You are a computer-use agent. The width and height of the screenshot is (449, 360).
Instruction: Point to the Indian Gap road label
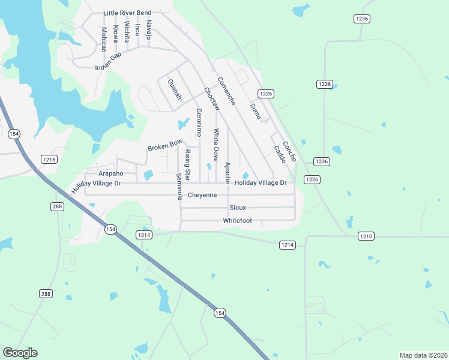tap(117, 59)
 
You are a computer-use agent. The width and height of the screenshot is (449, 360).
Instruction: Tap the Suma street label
tap(255, 110)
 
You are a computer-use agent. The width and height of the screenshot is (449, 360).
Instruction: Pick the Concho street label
tap(289, 150)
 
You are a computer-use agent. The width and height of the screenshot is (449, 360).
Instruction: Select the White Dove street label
tap(215, 145)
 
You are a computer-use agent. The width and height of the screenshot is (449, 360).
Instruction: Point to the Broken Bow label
tap(164, 145)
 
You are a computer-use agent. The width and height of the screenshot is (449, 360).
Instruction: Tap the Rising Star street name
tap(187, 165)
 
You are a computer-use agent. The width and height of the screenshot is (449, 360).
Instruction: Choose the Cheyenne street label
tap(202, 195)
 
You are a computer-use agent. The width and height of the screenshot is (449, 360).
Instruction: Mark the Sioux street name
tap(238, 208)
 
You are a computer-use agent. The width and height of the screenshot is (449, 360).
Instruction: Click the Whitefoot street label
tap(237, 220)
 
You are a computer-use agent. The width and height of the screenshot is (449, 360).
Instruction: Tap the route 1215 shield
tap(49, 159)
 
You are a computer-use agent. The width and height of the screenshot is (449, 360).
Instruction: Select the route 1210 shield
tap(366, 236)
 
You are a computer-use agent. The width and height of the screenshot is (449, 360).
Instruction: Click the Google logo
tap(20, 353)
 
